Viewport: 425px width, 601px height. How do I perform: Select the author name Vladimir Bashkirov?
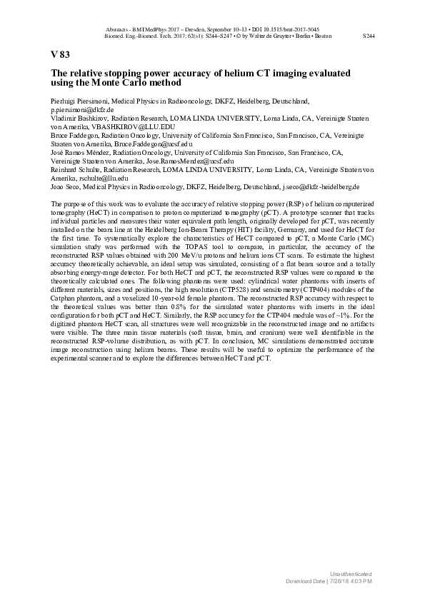pyautogui.click(x=78, y=118)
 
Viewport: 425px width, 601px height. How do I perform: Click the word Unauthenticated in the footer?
pyautogui.click(x=351, y=575)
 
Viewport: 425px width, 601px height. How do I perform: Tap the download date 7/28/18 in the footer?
pyautogui.click(x=340, y=582)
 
